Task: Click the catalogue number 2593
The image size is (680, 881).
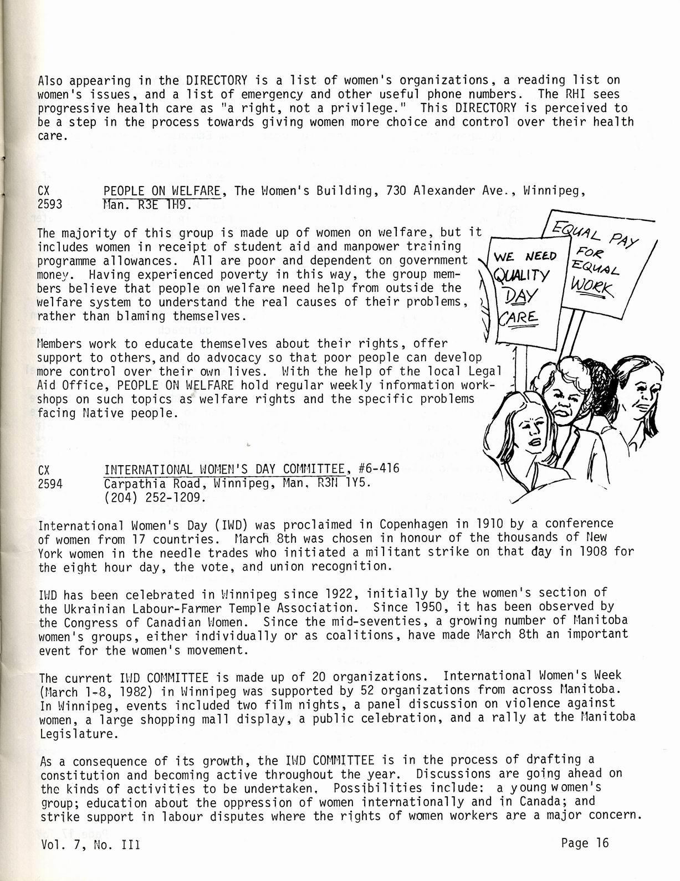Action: point(49,205)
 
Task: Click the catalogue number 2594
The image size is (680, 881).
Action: point(50,483)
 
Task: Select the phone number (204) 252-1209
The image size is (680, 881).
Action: point(155,497)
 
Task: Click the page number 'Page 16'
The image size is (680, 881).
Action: point(584,843)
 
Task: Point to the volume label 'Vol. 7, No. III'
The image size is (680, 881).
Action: point(89,846)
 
